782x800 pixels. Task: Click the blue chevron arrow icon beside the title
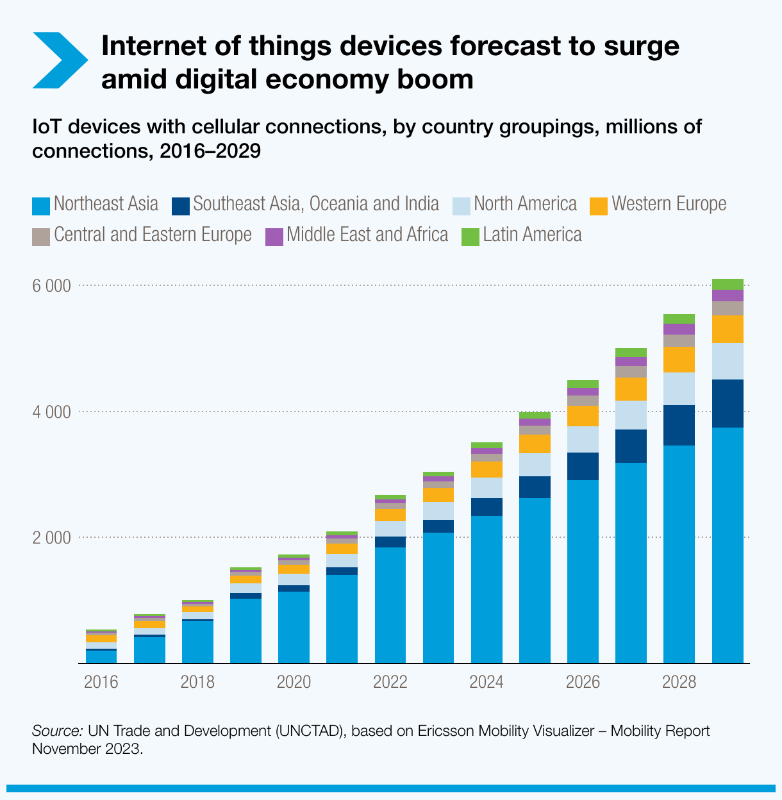[59, 60]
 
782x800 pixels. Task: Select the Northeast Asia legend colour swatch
[41, 206]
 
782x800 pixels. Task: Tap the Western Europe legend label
[669, 204]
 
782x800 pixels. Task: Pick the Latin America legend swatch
[470, 237]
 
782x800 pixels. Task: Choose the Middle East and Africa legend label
[367, 235]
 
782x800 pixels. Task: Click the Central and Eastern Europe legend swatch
[41, 237]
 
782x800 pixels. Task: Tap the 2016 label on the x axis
[101, 681]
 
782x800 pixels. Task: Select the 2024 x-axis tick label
[486, 681]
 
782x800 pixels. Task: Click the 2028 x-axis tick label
[679, 681]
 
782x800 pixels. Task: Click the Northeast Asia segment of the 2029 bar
[728, 545]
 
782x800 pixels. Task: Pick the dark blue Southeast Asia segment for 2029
[728, 403]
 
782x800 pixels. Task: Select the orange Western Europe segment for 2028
[679, 360]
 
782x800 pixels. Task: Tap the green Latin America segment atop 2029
[728, 284]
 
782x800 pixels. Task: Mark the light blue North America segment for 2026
[583, 439]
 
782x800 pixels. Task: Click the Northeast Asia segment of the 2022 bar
[390, 604]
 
